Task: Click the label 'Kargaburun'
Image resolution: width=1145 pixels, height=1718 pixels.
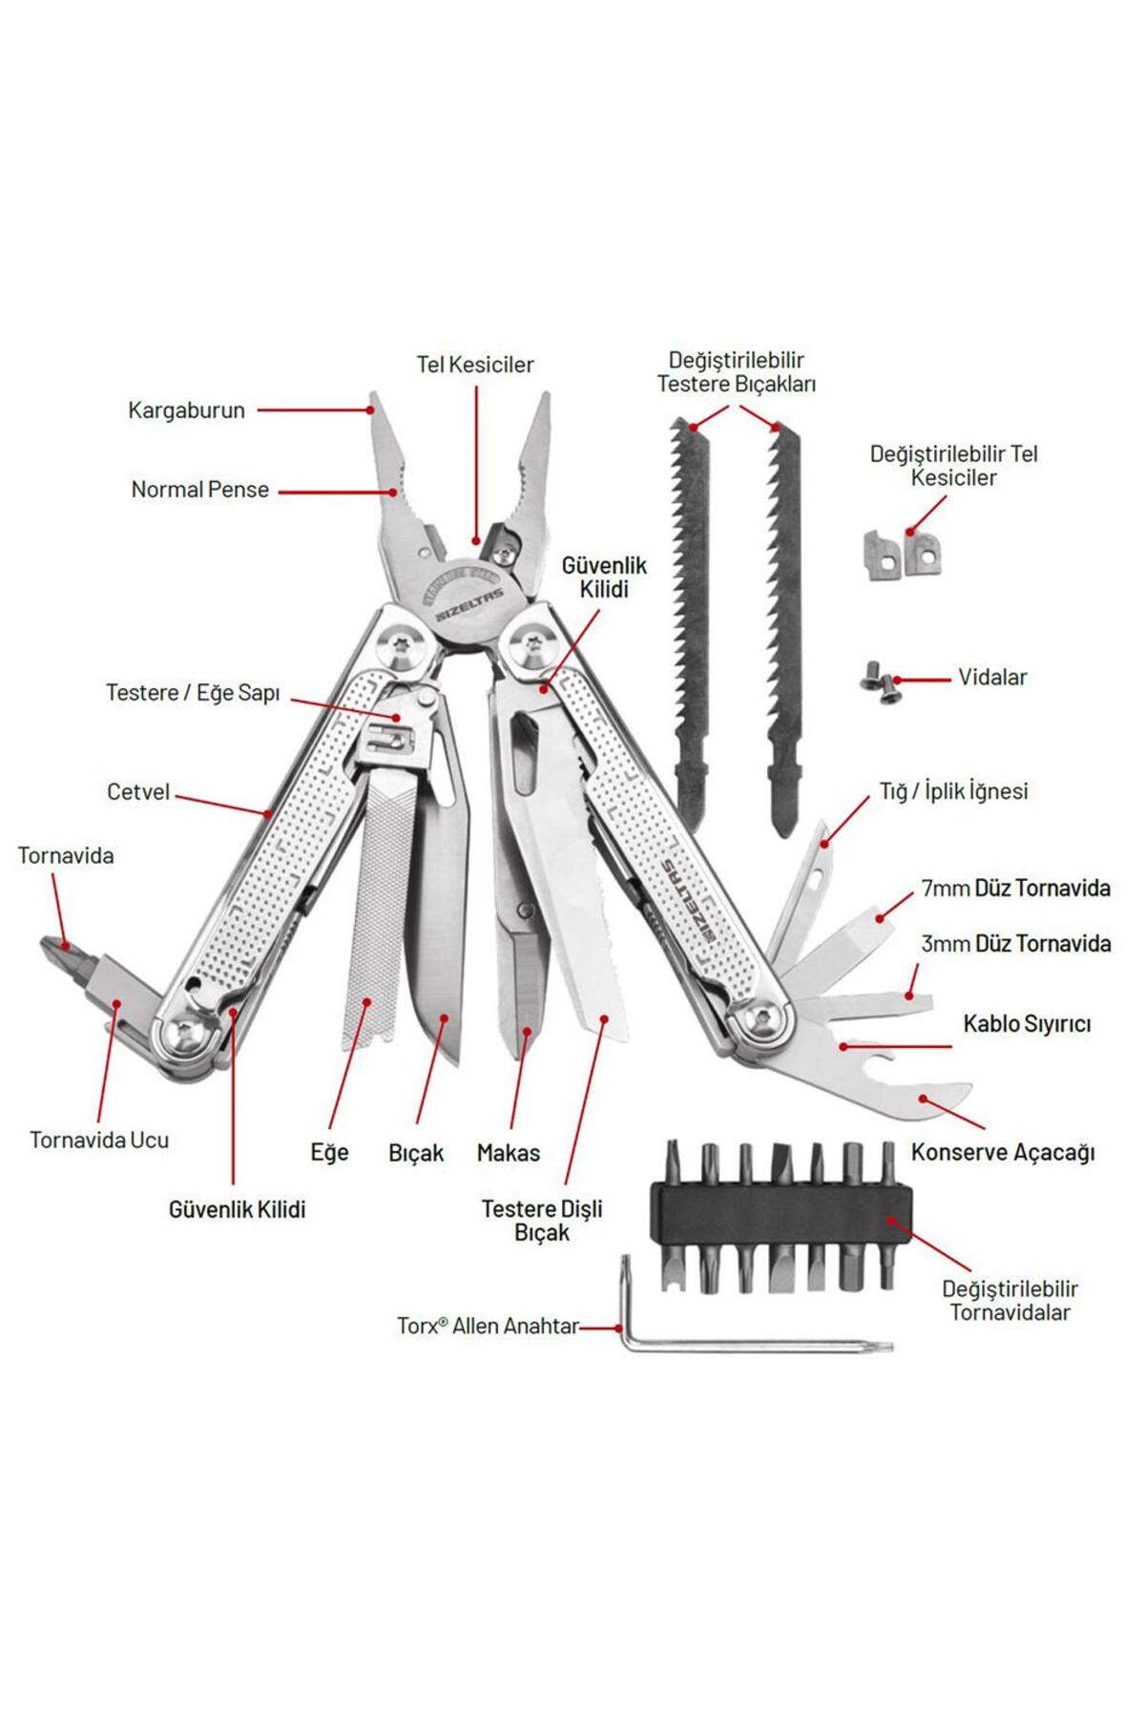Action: [x=186, y=410]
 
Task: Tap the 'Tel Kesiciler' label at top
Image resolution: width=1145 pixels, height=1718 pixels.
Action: [x=475, y=365]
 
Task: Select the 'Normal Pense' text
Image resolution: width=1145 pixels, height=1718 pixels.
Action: [x=200, y=490]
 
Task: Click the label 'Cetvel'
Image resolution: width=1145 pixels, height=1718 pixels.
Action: [x=138, y=792]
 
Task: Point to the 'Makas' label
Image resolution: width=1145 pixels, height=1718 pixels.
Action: [x=509, y=1153]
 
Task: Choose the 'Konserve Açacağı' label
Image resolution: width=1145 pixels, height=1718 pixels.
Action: [x=1003, y=1152]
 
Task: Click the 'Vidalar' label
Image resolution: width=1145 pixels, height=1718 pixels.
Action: [x=992, y=678]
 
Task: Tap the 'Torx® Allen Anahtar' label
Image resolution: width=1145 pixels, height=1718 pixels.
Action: [x=488, y=1327]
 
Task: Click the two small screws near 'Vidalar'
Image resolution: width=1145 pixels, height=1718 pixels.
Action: [x=880, y=682]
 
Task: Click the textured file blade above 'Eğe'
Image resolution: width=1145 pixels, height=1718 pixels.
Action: [x=379, y=907]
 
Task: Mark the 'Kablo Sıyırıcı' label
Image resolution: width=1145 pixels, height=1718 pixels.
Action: [x=1027, y=1024]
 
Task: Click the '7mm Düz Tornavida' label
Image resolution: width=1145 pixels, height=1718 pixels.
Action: [x=1015, y=889]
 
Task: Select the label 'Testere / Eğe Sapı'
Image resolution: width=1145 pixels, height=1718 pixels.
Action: [x=193, y=693]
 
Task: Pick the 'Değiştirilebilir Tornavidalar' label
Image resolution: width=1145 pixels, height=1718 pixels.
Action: [x=1010, y=1300]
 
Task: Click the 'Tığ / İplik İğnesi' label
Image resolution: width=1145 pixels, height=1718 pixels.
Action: [x=953, y=791]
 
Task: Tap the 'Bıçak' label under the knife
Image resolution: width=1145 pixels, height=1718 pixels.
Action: [x=416, y=1153]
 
